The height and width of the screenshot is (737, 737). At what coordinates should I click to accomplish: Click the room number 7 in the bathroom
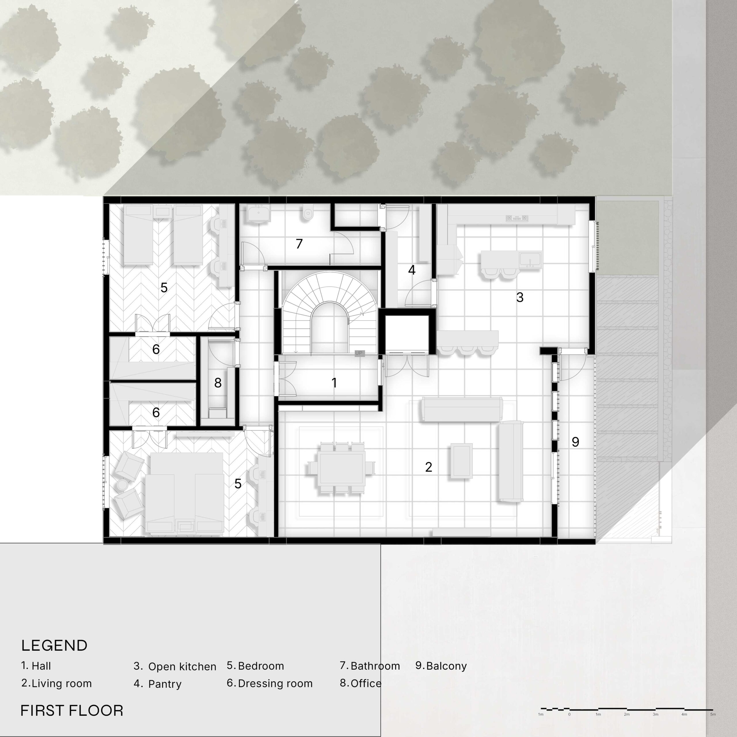(x=299, y=244)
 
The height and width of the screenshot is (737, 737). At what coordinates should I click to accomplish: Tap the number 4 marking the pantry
(x=412, y=270)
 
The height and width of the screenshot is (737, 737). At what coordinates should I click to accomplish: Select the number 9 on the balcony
(x=575, y=442)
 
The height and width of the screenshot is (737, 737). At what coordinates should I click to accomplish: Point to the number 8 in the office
(x=218, y=383)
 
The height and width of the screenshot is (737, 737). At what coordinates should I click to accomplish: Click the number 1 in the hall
(x=334, y=383)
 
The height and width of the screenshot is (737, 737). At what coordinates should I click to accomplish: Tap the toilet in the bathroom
(x=308, y=214)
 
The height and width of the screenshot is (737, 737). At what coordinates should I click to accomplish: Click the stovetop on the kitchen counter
(x=517, y=218)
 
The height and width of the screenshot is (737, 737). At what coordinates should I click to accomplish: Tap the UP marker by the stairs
(x=359, y=353)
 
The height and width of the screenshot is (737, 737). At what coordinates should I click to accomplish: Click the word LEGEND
(x=54, y=646)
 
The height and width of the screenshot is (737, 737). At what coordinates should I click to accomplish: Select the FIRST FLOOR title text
(x=72, y=711)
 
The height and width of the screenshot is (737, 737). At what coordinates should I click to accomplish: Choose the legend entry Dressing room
(x=275, y=683)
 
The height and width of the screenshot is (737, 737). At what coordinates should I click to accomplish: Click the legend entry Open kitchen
(x=182, y=666)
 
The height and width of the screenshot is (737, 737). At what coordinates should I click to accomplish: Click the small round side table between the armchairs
(x=122, y=485)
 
